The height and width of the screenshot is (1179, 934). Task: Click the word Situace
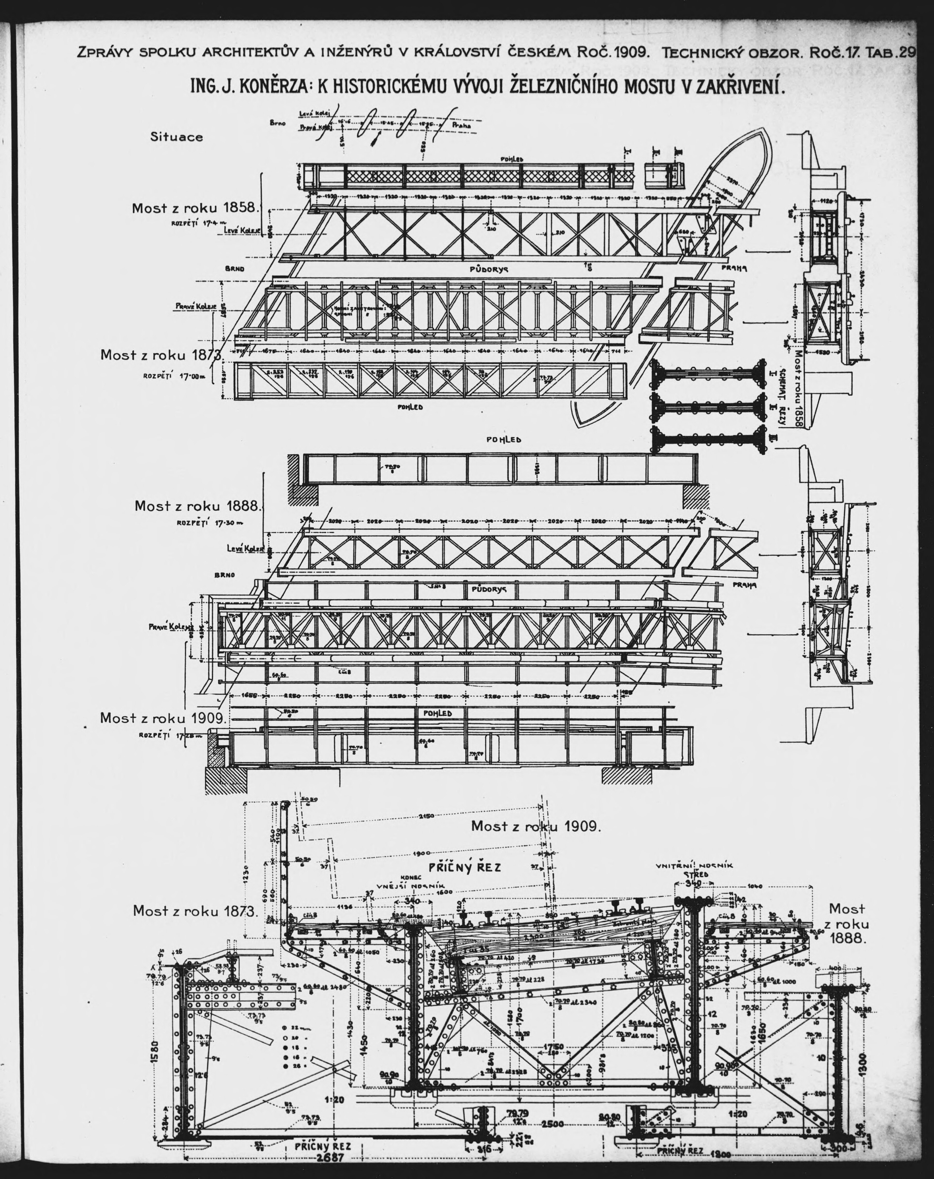coord(177,137)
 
